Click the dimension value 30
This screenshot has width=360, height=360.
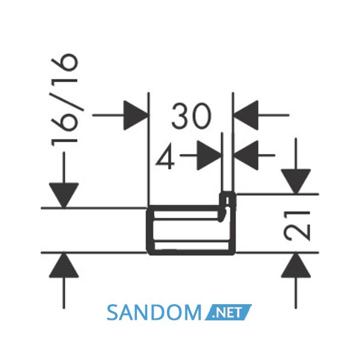coord(191,116)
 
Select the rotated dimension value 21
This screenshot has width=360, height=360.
coord(297,226)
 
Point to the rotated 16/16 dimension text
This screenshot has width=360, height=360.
coord(65,99)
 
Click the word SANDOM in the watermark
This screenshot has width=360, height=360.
coord(154,313)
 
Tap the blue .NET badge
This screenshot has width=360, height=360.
coord(228,312)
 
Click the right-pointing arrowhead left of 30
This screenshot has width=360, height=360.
coord(135,115)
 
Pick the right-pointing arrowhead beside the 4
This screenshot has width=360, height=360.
coord(209,155)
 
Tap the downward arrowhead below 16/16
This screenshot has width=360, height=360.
coord(64,196)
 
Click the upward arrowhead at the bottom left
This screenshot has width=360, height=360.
coord(64,265)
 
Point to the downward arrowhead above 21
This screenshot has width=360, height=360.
coord(296,181)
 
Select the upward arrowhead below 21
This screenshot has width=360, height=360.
coord(296,265)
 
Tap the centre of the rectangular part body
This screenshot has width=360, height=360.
coord(191,230)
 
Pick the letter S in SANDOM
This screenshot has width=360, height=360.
coord(113,313)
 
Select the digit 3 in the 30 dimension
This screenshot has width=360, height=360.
coord(181,116)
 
